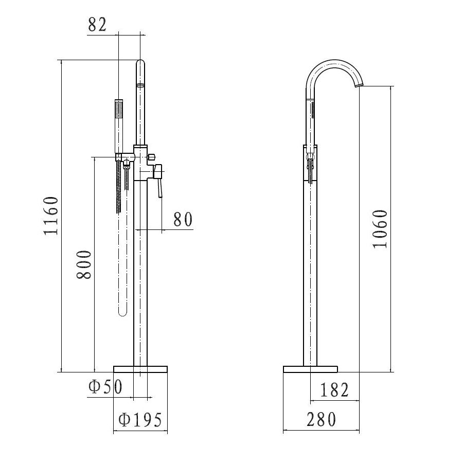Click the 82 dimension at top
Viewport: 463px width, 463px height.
(x=97, y=24)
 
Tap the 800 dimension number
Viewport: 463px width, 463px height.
(x=84, y=265)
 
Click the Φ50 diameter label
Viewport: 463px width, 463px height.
(x=105, y=387)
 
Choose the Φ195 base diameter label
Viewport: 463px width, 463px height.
(x=140, y=420)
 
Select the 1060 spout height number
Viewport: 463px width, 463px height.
(x=380, y=228)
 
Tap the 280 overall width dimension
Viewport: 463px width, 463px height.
(x=322, y=420)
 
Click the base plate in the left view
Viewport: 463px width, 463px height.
(x=140, y=368)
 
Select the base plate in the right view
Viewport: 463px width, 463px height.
(x=310, y=368)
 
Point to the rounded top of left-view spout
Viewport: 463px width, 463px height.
(x=140, y=64)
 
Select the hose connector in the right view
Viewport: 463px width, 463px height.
(x=310, y=165)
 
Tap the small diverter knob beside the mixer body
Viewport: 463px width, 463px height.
(x=152, y=155)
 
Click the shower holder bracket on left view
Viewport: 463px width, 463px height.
(x=119, y=156)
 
